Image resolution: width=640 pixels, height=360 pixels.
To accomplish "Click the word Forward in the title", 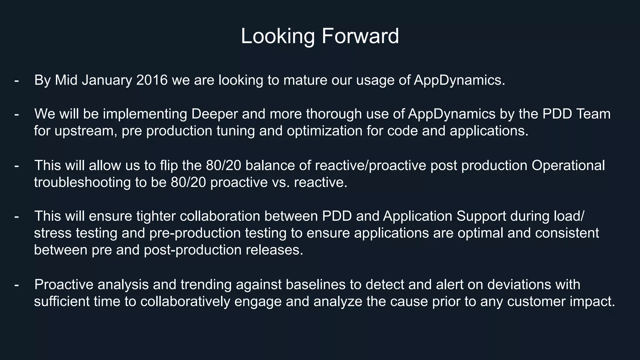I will pos(360,36).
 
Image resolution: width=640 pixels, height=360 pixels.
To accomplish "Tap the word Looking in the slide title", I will pos(277,36).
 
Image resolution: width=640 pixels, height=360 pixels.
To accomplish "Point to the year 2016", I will pos(152,80).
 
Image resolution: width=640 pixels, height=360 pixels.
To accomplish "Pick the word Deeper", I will pos(214,114).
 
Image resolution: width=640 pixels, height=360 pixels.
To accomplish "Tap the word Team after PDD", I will pos(593,114).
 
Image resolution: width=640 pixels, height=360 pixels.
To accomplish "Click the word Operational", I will pos(568,166).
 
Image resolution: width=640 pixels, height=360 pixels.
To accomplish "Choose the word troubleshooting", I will pos(82,182).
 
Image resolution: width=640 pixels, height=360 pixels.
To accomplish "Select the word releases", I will pos(274,250).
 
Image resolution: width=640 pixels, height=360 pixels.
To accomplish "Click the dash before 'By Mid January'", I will pos(17,80).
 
